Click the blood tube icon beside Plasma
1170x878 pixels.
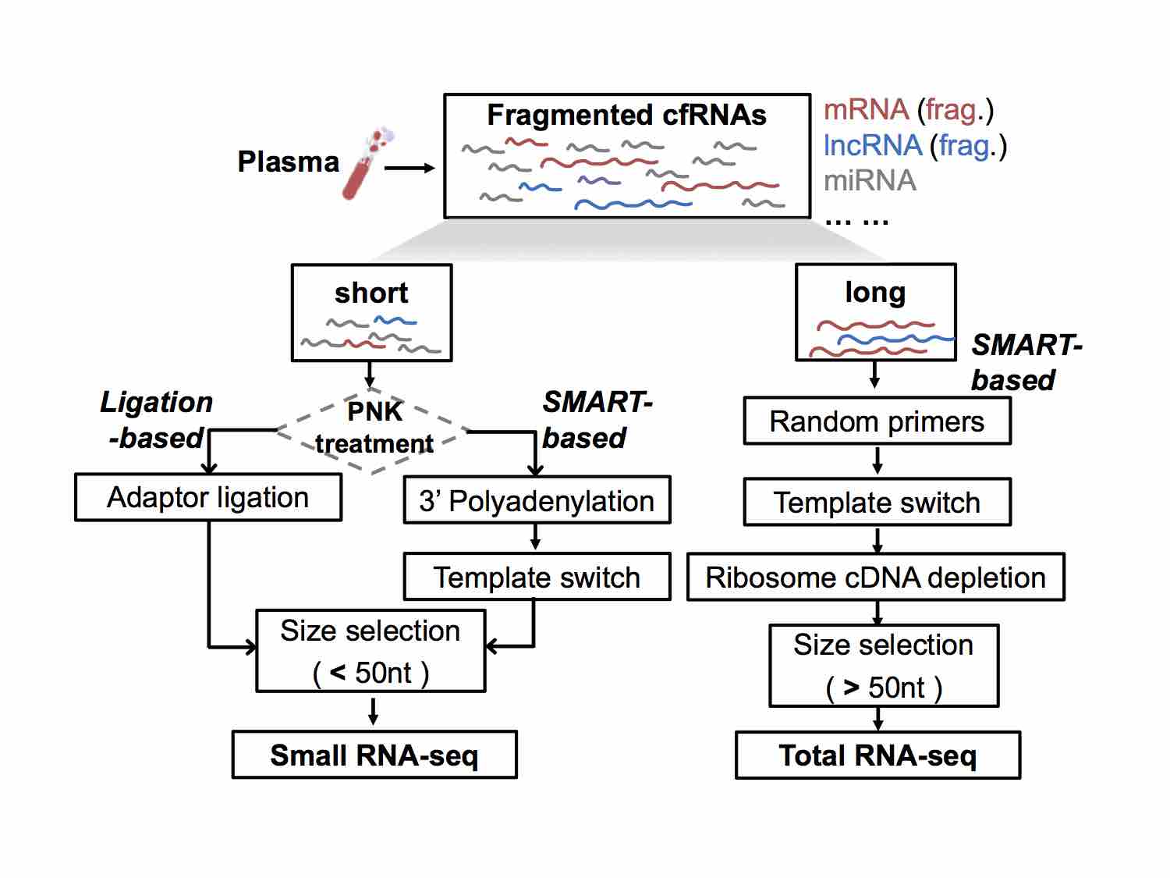(x=367, y=165)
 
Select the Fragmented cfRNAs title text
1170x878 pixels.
(x=626, y=116)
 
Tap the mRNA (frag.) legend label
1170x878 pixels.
(x=908, y=110)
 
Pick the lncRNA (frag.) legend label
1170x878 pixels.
(x=914, y=145)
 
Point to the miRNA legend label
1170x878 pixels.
(x=870, y=181)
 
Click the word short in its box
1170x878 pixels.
(x=371, y=293)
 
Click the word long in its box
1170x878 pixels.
(x=875, y=293)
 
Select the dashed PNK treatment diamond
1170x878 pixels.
(x=374, y=428)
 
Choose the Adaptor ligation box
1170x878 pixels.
(x=208, y=498)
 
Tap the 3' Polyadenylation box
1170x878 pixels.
(x=537, y=501)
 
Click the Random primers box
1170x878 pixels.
(x=877, y=421)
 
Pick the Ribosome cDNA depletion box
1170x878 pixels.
(x=875, y=578)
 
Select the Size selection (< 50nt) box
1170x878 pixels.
(x=370, y=652)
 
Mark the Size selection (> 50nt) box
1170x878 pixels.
(x=884, y=666)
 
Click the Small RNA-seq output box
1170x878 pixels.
(x=374, y=755)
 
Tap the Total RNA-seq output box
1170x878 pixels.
(x=877, y=755)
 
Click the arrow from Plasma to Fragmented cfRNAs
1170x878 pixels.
(x=409, y=168)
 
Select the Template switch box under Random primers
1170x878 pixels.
(x=877, y=503)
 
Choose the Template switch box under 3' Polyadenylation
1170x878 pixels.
(x=537, y=578)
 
